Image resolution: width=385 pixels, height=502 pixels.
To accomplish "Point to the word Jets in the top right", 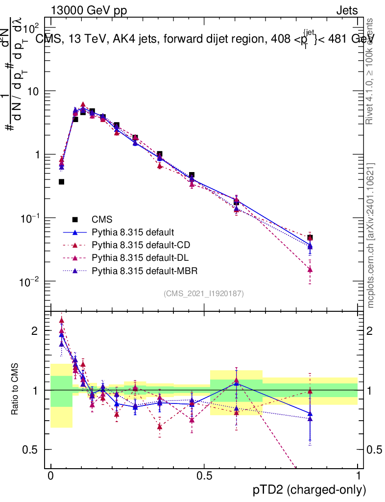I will (x=346, y=10).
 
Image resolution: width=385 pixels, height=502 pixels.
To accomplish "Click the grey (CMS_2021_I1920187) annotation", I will (x=204, y=294).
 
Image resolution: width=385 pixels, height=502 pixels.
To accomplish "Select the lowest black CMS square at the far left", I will (x=62, y=182).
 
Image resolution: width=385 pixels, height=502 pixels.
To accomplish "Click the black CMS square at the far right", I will (x=310, y=238).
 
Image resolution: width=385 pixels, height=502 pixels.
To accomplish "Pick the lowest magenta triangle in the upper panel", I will (x=310, y=270).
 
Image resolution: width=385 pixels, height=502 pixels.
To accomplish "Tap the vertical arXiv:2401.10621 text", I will (x=372, y=235).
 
